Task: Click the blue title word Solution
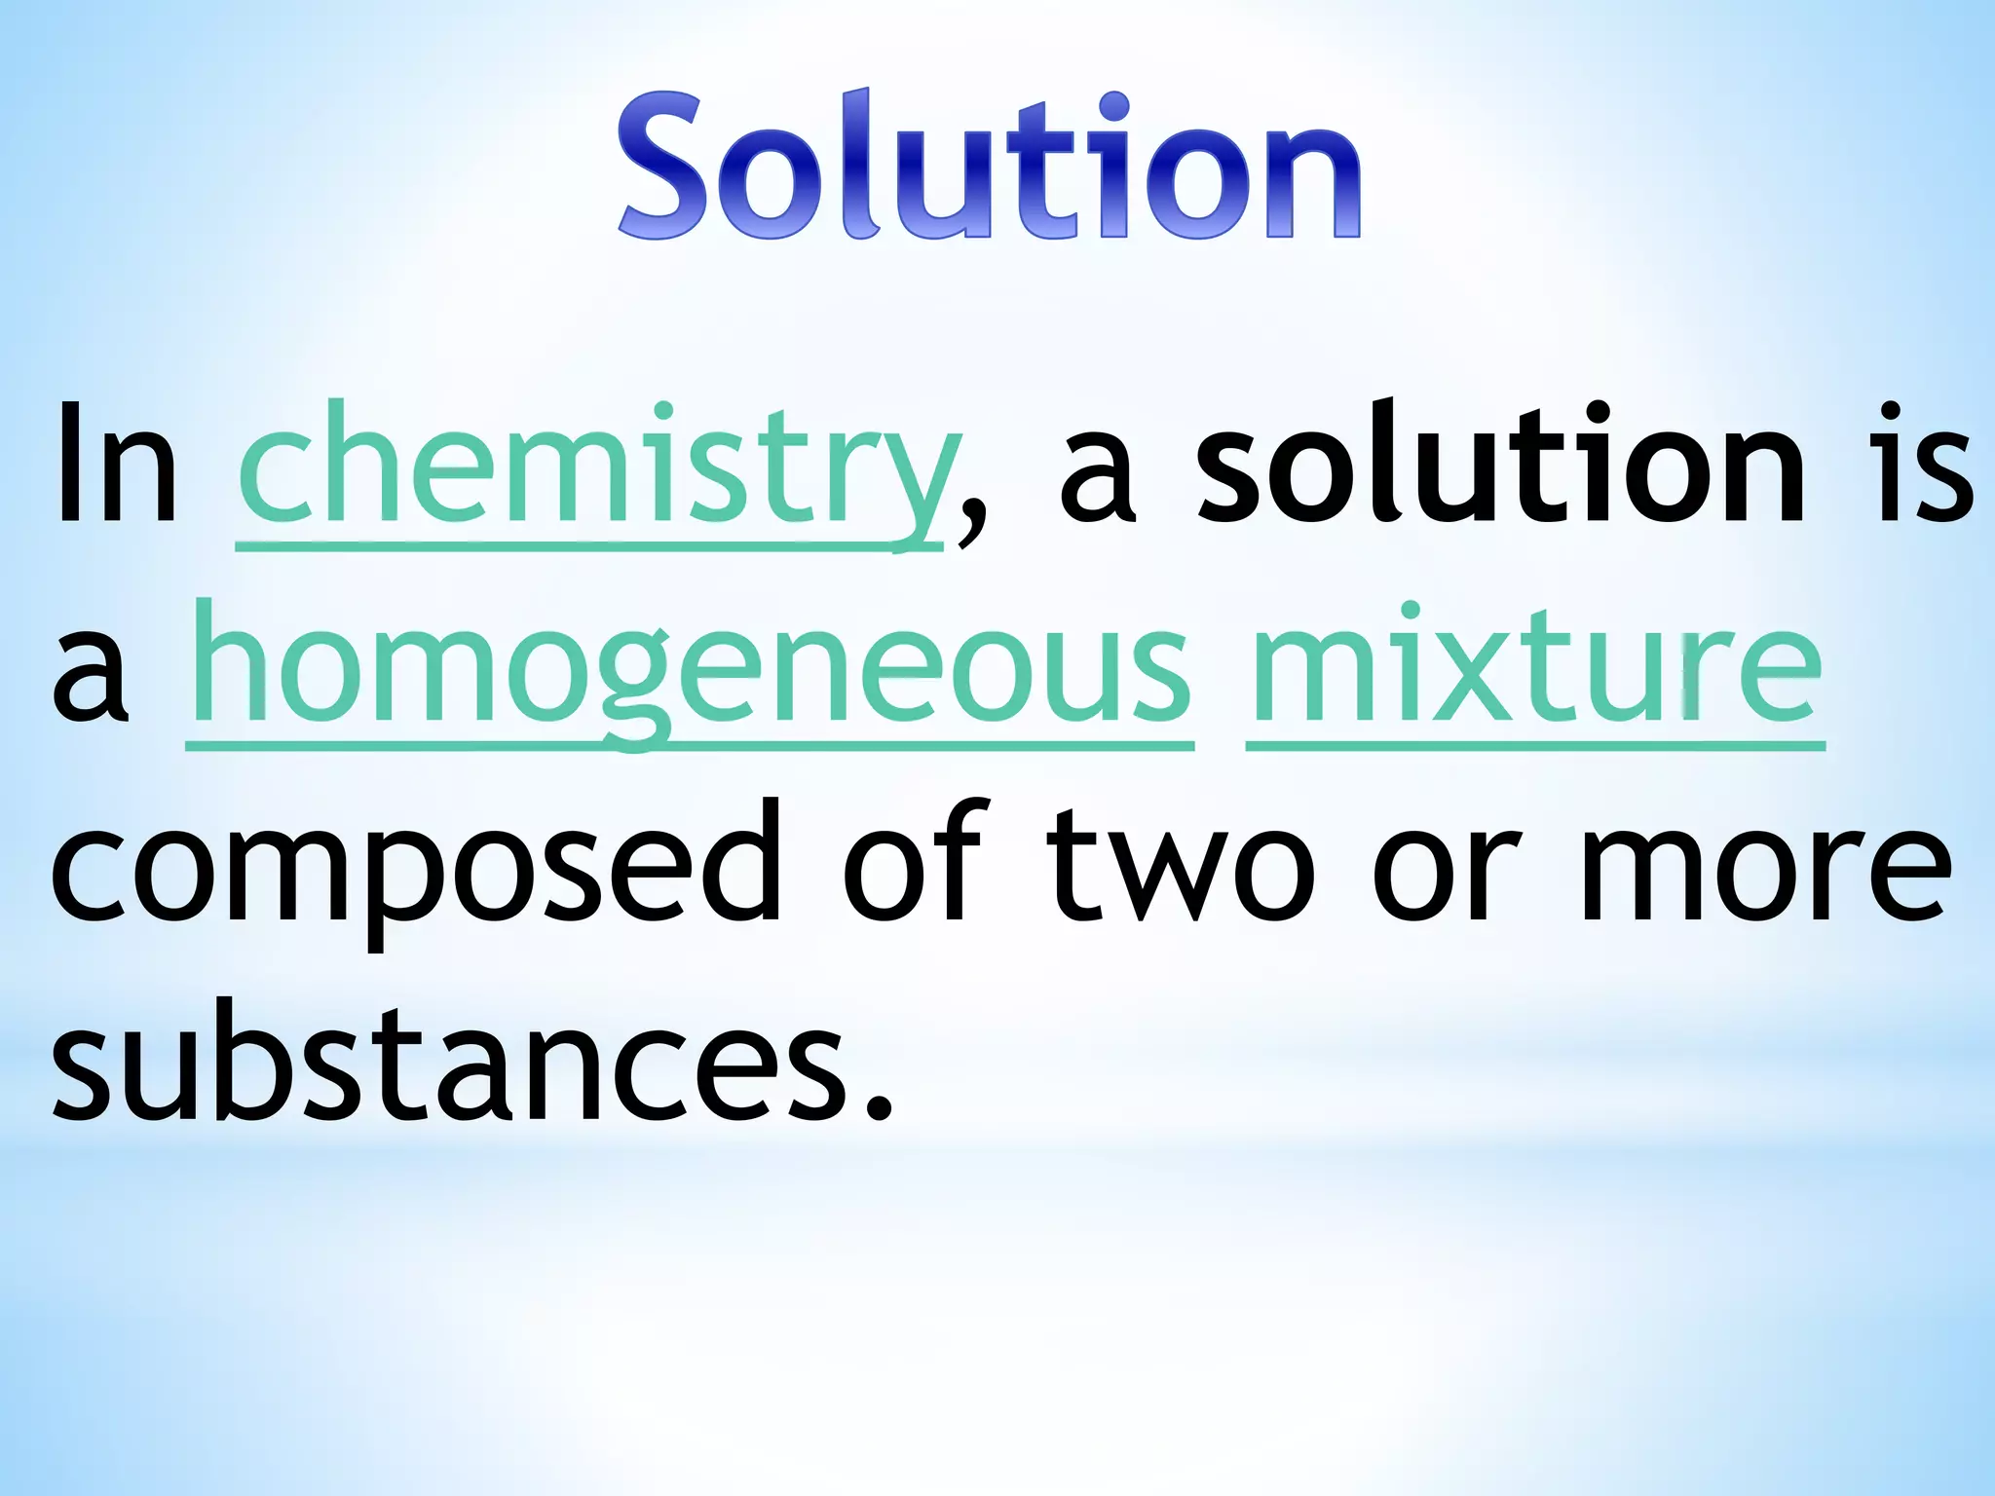[x=989, y=166]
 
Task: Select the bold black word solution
[x=1500, y=465]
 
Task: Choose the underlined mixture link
[x=1535, y=667]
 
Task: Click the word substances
[x=448, y=1062]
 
